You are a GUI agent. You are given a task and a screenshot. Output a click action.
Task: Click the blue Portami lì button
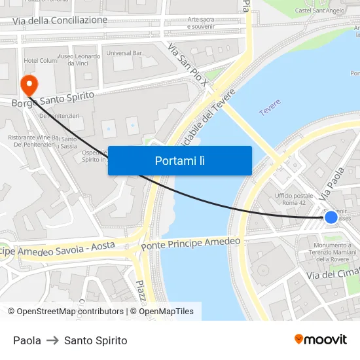pyautogui.click(x=180, y=160)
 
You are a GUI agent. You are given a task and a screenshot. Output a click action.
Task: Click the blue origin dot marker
pyautogui.click(x=331, y=217)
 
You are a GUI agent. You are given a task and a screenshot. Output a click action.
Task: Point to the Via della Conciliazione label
pyautogui.click(x=60, y=20)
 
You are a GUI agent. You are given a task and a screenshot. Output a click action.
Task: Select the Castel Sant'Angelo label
pyautogui.click(x=320, y=10)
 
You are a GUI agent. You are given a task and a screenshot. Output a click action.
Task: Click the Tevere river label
pyautogui.click(x=270, y=108)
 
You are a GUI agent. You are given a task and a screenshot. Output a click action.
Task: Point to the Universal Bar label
pyautogui.click(x=124, y=52)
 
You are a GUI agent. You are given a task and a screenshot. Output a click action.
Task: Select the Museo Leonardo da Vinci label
pyautogui.click(x=79, y=60)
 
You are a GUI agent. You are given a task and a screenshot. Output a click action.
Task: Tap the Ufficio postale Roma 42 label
pyautogui.click(x=294, y=199)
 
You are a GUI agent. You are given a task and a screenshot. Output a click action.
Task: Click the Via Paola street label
pyautogui.click(x=332, y=184)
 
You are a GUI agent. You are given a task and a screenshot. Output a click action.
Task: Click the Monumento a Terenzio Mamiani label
pyautogui.click(x=333, y=253)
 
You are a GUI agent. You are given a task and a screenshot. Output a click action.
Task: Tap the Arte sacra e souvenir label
pyautogui.click(x=201, y=22)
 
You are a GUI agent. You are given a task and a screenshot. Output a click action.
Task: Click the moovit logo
pyautogui.click(x=321, y=339)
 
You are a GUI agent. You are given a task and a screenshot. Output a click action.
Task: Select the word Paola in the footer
pyautogui.click(x=27, y=340)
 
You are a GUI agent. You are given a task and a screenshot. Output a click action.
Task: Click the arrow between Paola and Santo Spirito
pyautogui.click(x=52, y=340)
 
